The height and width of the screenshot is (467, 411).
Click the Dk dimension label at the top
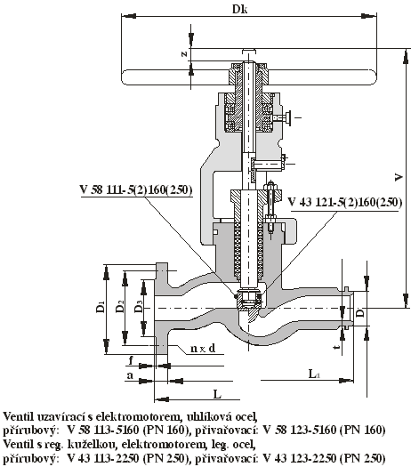coord(240,9)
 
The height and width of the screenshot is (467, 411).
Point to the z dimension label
coord(185,53)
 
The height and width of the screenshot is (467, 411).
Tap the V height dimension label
coord(399,177)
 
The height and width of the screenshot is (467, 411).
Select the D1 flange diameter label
coord(101,307)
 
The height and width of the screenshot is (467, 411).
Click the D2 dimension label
coord(120,307)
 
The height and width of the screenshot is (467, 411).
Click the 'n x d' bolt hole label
coord(203,348)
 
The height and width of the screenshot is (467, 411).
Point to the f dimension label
coord(131,360)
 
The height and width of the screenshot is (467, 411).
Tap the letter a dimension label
coord(130,375)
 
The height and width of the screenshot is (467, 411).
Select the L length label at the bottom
coord(217,394)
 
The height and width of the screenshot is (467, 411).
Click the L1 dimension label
coord(314,374)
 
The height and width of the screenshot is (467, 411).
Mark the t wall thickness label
coord(337,347)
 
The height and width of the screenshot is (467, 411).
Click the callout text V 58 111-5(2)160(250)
coord(135,189)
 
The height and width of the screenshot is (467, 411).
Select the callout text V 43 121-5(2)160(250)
coord(345,203)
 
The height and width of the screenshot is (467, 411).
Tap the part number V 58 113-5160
coord(104,430)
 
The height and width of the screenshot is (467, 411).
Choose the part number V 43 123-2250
coord(298,457)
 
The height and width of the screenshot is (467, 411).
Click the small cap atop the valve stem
coord(249,51)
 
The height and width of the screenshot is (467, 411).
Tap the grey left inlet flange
coord(162,308)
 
